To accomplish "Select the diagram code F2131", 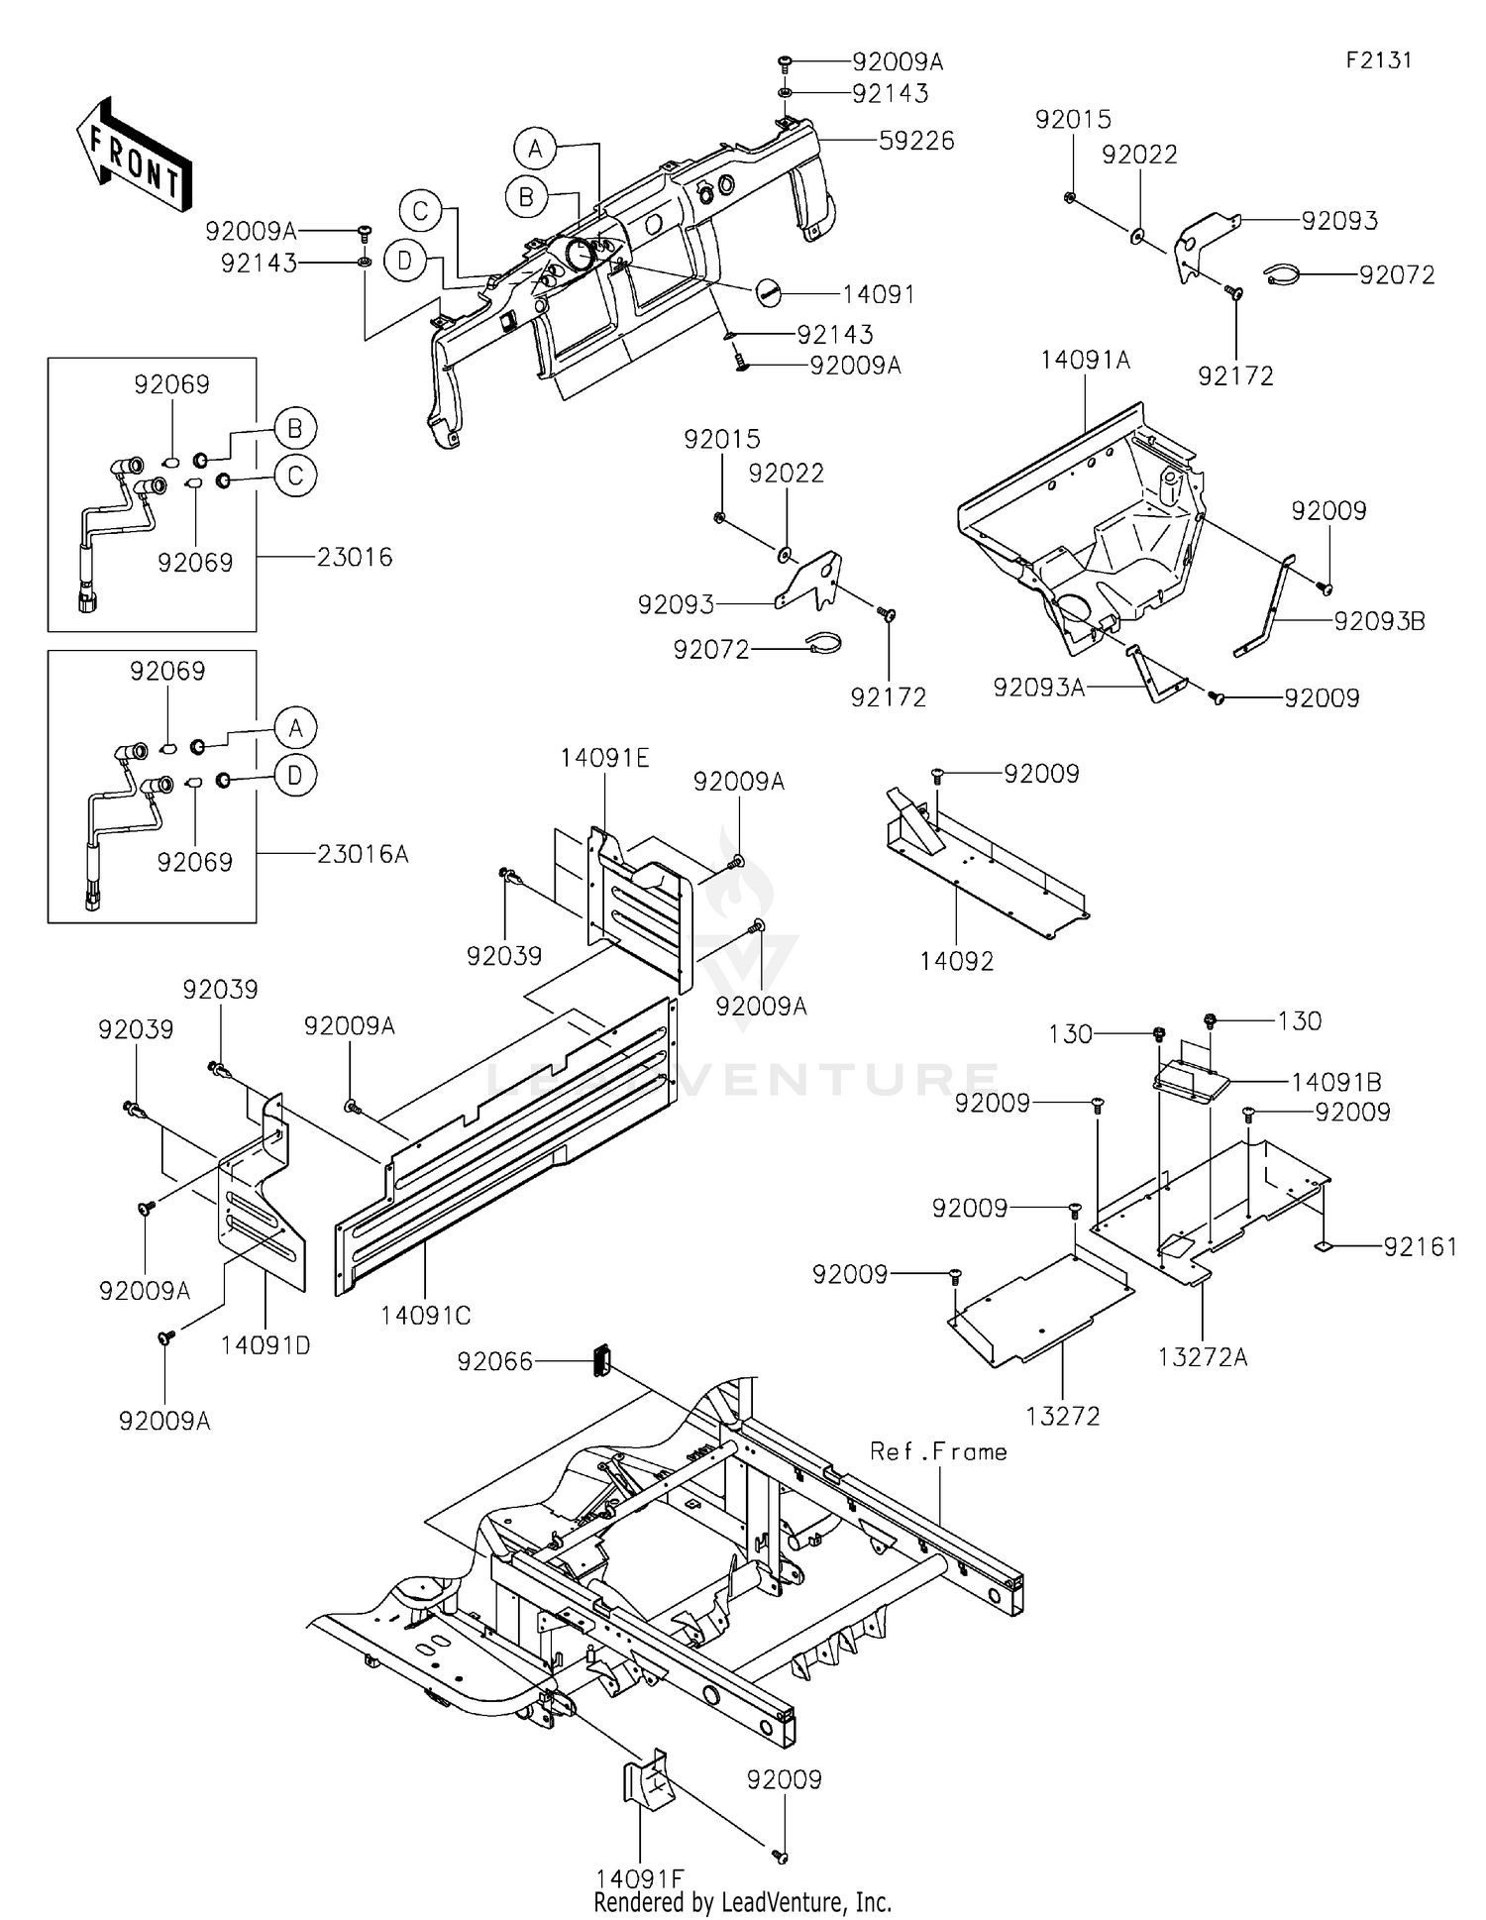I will [1378, 59].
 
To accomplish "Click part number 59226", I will [916, 141].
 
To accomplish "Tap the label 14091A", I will [1085, 360].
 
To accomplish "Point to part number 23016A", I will [363, 853].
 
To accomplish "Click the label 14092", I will [956, 960].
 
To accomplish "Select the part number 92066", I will [494, 1361].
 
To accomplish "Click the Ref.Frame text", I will [938, 1451].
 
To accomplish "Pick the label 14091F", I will [639, 1877].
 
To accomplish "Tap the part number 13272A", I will [1202, 1357].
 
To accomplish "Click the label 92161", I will [1420, 1246].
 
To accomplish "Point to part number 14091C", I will [425, 1315].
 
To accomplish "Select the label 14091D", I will [265, 1345].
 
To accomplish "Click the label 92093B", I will [1379, 621].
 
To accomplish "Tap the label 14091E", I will [604, 758].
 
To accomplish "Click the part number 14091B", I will [1335, 1082].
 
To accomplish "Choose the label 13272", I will [1062, 1416].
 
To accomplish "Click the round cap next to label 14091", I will [769, 291].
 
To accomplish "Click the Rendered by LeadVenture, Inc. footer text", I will [742, 1901].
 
